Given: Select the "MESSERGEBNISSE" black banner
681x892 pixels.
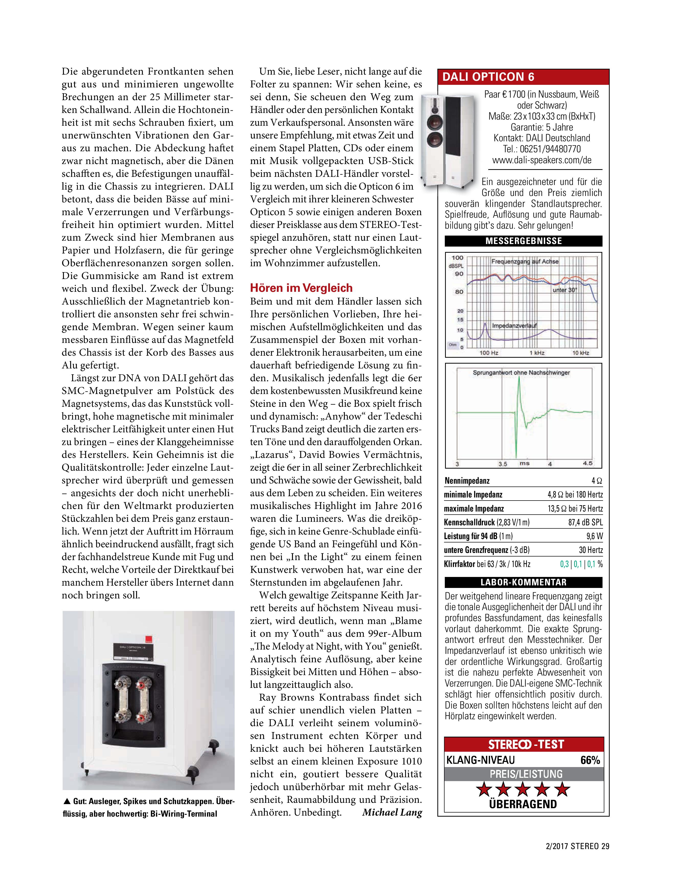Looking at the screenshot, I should pyautogui.click(x=523, y=241).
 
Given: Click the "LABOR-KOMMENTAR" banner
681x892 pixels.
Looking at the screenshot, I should pyautogui.click(x=523, y=582).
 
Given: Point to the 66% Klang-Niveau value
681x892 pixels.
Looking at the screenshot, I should pyautogui.click(x=590, y=760).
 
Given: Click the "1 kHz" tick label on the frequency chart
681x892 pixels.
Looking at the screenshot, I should pyautogui.click(x=537, y=353).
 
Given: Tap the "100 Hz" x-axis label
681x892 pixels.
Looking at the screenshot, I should pyautogui.click(x=489, y=353).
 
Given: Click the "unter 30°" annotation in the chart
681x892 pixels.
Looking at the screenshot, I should pyautogui.click(x=565, y=290).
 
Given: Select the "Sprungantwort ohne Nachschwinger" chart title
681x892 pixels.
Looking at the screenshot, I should pyautogui.click(x=521, y=372).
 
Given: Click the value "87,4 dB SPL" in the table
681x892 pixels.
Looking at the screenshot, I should pyautogui.click(x=585, y=523).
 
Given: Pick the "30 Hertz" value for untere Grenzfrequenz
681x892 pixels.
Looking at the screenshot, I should pyautogui.click(x=591, y=550).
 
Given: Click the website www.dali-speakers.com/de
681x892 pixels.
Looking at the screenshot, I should pyautogui.click(x=542, y=160).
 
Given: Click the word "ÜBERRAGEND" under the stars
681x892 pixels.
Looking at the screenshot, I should pyautogui.click(x=523, y=804).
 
